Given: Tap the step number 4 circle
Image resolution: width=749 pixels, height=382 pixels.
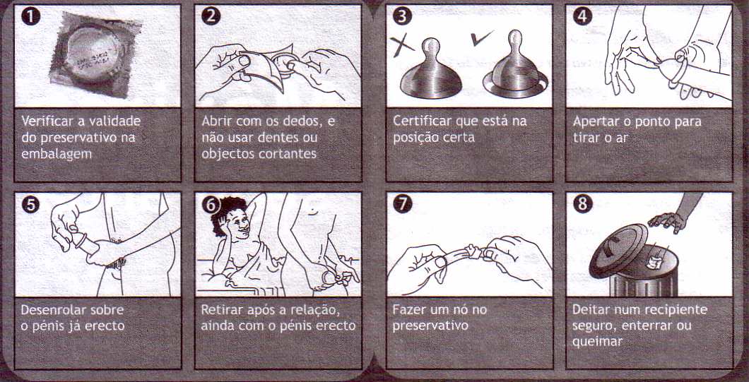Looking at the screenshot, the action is [582, 16].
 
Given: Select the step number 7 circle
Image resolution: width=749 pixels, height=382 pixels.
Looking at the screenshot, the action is [402, 204].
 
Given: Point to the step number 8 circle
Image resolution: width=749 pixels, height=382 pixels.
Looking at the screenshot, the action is [582, 204].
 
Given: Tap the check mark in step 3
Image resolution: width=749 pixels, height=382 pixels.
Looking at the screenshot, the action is [482, 37].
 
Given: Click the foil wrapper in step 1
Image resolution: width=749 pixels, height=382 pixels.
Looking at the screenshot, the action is [95, 55].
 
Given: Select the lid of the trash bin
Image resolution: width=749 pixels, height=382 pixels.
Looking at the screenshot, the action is [618, 250].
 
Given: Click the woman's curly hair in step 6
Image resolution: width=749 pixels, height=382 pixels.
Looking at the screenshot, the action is [225, 215].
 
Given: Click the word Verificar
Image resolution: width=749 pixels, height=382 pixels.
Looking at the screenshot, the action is [45, 121].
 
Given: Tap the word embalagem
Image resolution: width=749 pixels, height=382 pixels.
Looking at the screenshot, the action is [57, 155].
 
